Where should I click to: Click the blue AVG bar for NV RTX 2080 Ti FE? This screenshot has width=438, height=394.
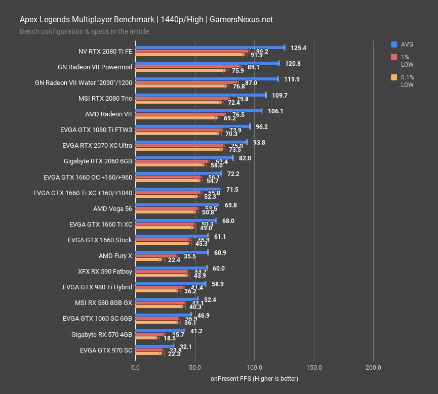[x=210, y=48]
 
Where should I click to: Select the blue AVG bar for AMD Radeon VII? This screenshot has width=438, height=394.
[x=198, y=111]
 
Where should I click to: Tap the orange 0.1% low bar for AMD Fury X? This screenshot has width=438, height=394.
[x=148, y=259]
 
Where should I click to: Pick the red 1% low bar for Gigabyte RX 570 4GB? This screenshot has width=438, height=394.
[x=150, y=334]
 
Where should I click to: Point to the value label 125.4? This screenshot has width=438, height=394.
[x=299, y=48]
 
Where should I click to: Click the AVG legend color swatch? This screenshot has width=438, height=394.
[x=394, y=44]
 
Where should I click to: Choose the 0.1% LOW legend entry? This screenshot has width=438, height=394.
[x=407, y=81]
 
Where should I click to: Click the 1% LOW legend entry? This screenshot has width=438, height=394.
[x=407, y=61]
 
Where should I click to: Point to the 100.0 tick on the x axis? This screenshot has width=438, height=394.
[x=254, y=368]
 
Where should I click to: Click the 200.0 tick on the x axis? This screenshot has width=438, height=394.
[x=373, y=368]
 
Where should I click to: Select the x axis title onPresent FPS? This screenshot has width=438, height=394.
[x=254, y=379]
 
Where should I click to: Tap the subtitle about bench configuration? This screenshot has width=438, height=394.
[x=85, y=31]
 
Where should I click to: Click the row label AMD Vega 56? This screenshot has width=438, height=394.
[x=112, y=208]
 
